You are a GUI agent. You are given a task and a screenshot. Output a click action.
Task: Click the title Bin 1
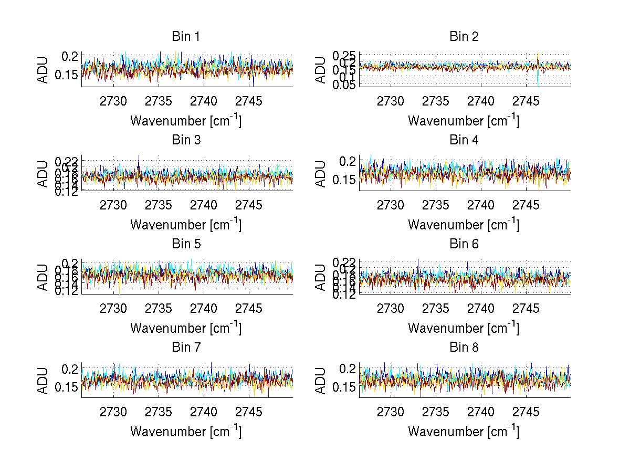coord(186,37)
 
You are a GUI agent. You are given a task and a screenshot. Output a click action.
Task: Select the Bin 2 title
coord(464,37)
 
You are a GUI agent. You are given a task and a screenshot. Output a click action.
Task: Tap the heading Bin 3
coord(186,140)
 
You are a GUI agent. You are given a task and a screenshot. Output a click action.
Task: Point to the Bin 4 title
coord(464,140)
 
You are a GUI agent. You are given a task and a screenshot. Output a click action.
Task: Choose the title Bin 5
coord(186,244)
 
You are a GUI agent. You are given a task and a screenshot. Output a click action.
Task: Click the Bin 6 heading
coord(464,244)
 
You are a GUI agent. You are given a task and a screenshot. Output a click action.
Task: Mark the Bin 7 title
coord(186,347)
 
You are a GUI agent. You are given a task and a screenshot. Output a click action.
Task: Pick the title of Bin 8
coord(464,347)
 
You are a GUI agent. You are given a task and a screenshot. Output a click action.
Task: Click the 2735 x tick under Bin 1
coord(159,101)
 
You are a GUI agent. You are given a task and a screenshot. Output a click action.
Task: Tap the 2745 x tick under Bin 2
coord(526,101)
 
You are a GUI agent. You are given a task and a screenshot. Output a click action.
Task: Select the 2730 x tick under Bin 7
coord(113,412)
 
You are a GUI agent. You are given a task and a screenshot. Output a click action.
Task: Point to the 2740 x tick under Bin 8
coord(481,412)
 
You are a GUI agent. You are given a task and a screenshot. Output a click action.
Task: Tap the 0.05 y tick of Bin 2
coord(342,85)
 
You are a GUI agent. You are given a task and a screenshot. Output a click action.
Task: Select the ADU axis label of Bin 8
coord(321,381)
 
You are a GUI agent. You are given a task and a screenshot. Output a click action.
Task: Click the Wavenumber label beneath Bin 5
coord(186,328)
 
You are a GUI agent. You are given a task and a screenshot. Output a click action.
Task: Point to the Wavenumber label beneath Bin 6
coord(464,328)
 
